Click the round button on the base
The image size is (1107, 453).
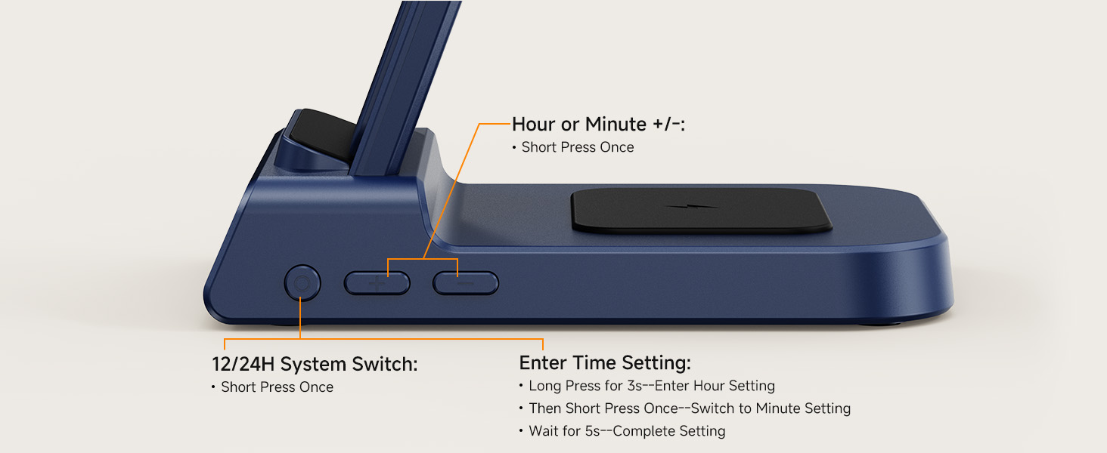point(302,283)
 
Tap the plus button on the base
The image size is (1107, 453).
point(377,283)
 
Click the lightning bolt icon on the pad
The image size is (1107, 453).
point(693,207)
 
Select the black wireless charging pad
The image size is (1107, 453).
point(701,210)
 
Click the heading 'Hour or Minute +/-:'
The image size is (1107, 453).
point(598,125)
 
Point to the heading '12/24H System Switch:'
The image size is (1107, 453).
point(315,364)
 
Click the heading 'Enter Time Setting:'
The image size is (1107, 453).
point(605,362)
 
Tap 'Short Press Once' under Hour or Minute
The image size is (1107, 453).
point(578,147)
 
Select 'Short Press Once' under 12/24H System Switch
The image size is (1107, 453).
point(278,387)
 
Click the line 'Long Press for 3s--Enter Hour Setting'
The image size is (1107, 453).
point(652,385)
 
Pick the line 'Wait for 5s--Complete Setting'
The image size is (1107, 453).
point(627,431)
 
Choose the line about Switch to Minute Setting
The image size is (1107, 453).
point(690,408)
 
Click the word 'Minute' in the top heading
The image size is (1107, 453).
point(616,125)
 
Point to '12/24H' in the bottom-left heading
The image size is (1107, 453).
point(243,364)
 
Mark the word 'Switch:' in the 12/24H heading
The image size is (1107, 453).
point(384,364)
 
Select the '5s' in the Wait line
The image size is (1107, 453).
point(593,431)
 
